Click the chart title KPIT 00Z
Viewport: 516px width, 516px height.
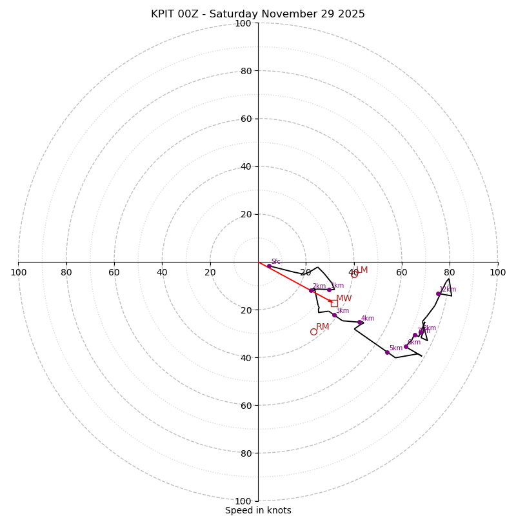click(x=258, y=14)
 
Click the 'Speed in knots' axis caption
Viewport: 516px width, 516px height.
click(x=258, y=510)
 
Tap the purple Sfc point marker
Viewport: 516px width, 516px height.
click(x=269, y=266)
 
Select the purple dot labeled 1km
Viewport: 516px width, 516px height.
click(x=329, y=290)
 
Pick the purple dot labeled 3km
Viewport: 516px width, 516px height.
click(x=334, y=315)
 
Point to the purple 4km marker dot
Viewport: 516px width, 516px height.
click(x=359, y=322)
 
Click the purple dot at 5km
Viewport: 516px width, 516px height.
click(x=387, y=352)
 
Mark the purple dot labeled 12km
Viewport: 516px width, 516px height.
click(x=438, y=293)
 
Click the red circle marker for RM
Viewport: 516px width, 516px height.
click(x=313, y=332)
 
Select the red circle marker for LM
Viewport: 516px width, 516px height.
click(x=354, y=275)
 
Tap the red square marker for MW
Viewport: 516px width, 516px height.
click(x=334, y=303)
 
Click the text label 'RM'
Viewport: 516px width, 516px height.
click(x=322, y=327)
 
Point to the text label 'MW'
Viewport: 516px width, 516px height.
click(x=344, y=299)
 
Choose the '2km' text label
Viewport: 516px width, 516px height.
click(x=319, y=286)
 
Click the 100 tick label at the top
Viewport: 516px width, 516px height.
click(x=243, y=23)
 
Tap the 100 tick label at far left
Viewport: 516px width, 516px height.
click(x=18, y=272)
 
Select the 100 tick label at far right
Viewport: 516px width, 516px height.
click(x=498, y=272)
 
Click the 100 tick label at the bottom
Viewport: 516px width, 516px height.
click(x=243, y=501)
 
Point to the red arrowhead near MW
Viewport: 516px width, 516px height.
click(x=331, y=301)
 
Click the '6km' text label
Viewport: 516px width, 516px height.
click(x=414, y=342)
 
